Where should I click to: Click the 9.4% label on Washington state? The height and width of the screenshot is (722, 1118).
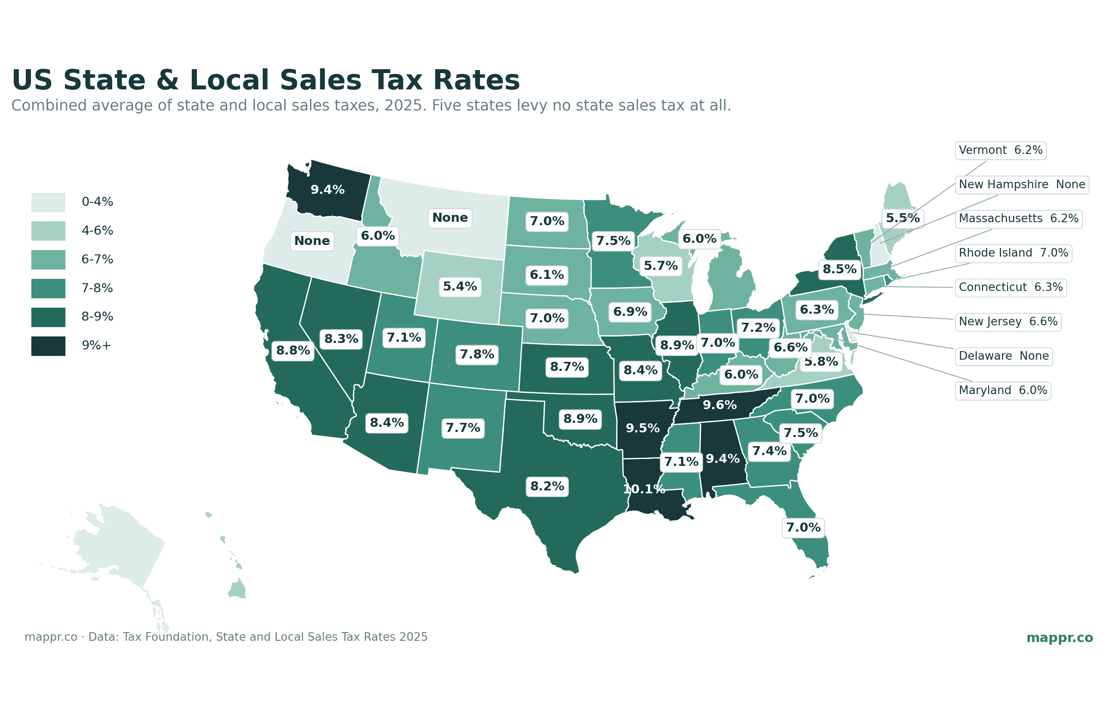click(327, 190)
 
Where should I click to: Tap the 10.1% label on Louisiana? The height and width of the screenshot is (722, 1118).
click(644, 489)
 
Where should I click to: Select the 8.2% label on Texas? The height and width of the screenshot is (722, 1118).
click(547, 486)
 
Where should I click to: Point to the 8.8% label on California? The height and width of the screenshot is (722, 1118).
click(293, 350)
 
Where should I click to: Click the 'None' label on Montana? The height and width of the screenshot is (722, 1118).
click(450, 217)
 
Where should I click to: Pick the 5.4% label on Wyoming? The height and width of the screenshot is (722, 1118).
click(460, 287)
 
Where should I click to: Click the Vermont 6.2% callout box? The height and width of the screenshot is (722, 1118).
click(1000, 150)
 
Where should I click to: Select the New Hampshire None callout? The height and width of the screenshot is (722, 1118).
click(1022, 185)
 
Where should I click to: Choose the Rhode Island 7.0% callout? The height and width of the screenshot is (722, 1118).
click(1014, 253)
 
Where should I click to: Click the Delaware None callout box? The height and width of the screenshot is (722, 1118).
click(1004, 356)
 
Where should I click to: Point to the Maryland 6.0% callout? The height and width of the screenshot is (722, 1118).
click(1003, 391)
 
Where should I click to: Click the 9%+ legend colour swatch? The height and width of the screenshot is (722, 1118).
click(48, 346)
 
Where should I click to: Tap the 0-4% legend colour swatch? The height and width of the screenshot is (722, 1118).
click(48, 202)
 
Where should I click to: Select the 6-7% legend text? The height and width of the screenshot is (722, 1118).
click(97, 259)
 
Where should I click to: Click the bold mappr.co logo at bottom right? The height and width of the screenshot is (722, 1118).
click(1060, 638)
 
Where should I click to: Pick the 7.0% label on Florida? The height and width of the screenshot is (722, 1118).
click(803, 527)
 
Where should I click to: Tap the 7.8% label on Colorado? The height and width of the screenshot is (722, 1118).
click(476, 355)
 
